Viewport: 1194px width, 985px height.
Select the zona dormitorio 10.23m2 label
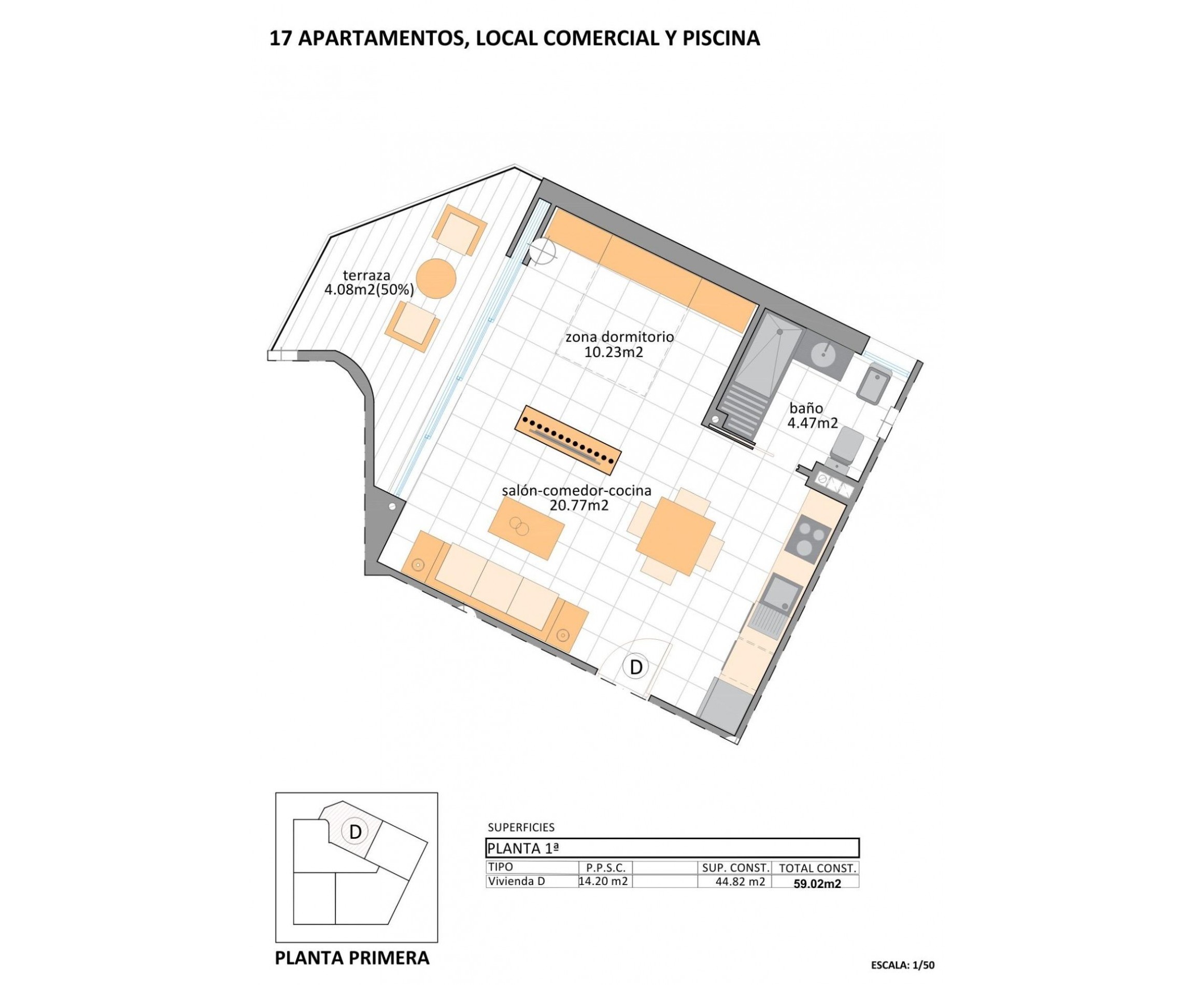[619, 344]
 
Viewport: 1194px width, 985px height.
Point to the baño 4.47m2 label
[812, 415]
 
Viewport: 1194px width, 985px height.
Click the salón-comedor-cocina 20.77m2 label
[576, 498]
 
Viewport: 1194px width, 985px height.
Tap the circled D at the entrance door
[636, 667]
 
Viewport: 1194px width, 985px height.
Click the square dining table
[675, 536]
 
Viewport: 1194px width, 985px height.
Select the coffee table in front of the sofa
[526, 528]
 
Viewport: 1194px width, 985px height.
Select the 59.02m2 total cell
[817, 883]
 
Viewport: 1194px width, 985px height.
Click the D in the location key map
[355, 832]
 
